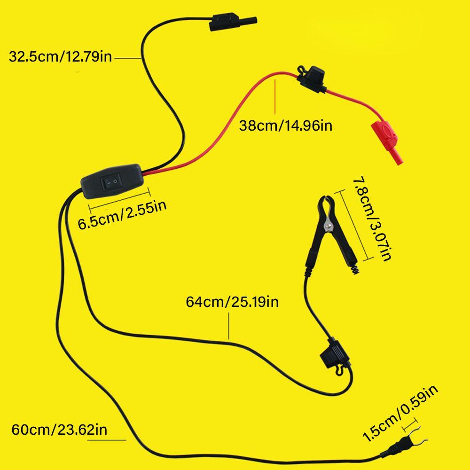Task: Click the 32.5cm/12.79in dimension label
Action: pyautogui.click(x=60, y=57)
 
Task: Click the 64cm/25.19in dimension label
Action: pyautogui.click(x=232, y=301)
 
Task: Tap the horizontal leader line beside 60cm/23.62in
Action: pyautogui.click(x=113, y=440)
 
